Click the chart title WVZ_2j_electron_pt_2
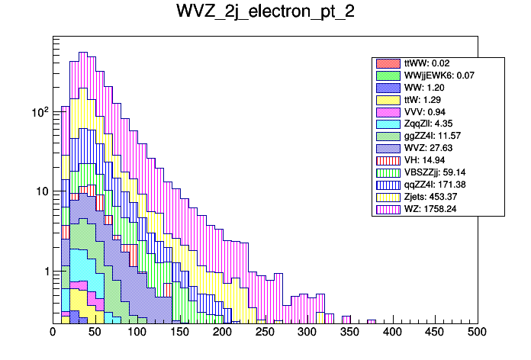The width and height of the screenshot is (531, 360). [265, 13]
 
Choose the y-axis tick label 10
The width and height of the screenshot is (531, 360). [42, 191]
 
